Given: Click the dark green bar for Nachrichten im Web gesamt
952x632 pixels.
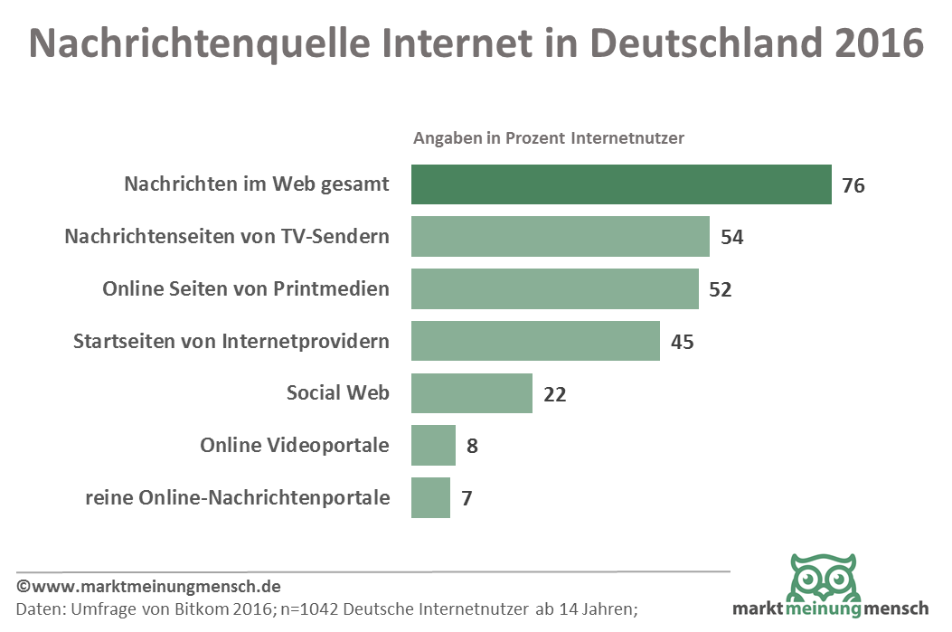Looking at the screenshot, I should coord(621,184).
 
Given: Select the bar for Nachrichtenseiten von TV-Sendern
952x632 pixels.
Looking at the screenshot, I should coord(560,237).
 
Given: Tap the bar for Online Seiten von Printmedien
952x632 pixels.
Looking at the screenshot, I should coord(554,289).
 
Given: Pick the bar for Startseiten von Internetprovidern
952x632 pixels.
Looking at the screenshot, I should coord(535,341).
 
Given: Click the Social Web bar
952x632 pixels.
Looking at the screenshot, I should coord(471,393).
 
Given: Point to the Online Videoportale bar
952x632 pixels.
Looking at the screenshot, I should coord(433,446).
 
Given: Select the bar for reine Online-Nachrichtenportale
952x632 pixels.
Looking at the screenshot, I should coord(430,497).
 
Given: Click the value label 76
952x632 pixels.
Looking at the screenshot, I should coord(853,186).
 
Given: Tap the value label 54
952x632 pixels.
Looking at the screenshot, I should coord(731,238).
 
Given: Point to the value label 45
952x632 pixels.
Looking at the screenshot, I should coord(682,342).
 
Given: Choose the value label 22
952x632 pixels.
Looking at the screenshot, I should coord(554,394).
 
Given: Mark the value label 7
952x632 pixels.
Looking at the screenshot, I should coord(467,498).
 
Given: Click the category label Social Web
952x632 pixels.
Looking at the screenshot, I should coord(337,393).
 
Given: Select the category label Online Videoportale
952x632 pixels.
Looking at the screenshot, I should coord(295,446).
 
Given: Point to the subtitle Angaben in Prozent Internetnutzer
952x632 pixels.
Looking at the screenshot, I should coord(549,138).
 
